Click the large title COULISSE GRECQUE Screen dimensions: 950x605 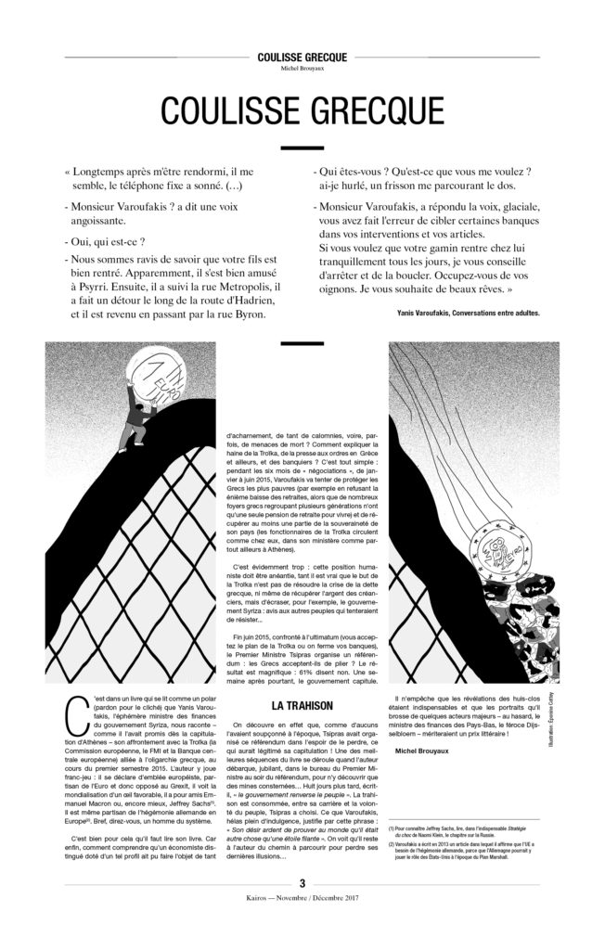pos(302,110)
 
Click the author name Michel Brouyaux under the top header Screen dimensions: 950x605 pos(302,68)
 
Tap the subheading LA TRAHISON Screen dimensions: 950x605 pos(302,705)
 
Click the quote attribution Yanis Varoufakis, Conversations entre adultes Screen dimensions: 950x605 pos(460,313)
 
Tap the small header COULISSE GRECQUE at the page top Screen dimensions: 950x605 pos(302,57)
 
